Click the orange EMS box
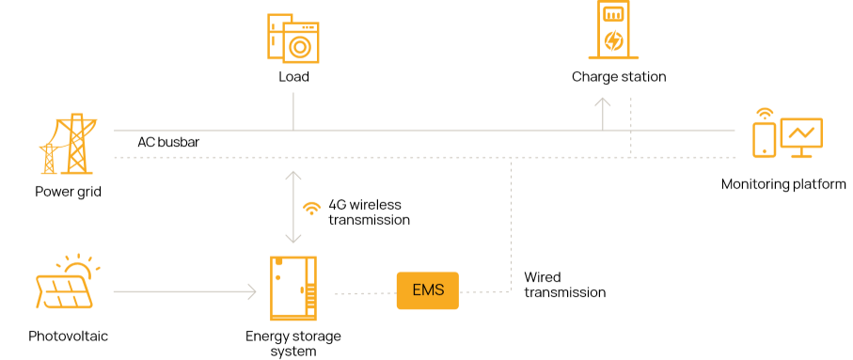tap(428, 290)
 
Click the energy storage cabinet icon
tap(293, 289)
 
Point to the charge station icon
tap(613, 29)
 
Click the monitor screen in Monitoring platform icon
tap(801, 137)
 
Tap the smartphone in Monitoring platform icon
tap(764, 139)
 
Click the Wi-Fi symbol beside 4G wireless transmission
tap(311, 209)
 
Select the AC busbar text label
tap(168, 143)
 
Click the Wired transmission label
tap(564, 285)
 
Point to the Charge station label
tap(619, 77)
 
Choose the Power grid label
tap(68, 192)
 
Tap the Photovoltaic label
tap(68, 337)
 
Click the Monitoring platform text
tap(783, 184)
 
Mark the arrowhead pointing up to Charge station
tap(602, 102)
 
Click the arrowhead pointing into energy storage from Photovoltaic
tap(252, 291)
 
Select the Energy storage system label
tap(293, 344)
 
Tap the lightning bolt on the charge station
tap(613, 40)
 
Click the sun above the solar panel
tap(77, 266)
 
